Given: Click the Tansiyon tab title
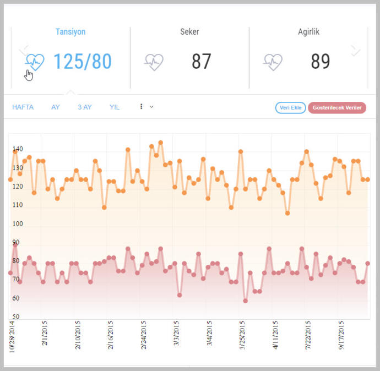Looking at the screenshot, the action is pyautogui.click(x=70, y=31).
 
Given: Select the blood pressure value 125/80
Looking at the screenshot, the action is pyautogui.click(x=83, y=62).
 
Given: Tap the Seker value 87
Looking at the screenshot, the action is pyautogui.click(x=202, y=61).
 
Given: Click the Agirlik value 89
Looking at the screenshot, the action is pyautogui.click(x=321, y=61).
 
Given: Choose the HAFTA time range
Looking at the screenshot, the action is pyautogui.click(x=23, y=107).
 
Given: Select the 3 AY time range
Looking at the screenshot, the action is pyautogui.click(x=85, y=107).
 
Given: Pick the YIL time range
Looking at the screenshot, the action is pyautogui.click(x=115, y=107).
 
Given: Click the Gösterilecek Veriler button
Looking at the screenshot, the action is pyautogui.click(x=337, y=108).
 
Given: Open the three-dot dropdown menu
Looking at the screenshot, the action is pyautogui.click(x=146, y=107).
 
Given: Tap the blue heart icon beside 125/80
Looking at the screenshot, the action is pyautogui.click(x=35, y=62).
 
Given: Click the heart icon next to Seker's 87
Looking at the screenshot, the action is pyautogui.click(x=154, y=62).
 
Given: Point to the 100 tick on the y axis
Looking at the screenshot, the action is pyautogui.click(x=18, y=223).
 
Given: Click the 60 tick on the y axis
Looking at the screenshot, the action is pyautogui.click(x=16, y=298).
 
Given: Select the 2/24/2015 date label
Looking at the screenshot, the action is pyautogui.click(x=144, y=335).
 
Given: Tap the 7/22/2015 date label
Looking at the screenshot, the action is pyautogui.click(x=308, y=335).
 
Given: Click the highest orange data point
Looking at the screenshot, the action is pyautogui.click(x=161, y=143).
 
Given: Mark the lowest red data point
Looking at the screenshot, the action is pyautogui.click(x=245, y=301).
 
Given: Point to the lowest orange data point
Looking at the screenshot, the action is pyautogui.click(x=287, y=213).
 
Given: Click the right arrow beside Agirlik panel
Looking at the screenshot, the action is pyautogui.click(x=355, y=51).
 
